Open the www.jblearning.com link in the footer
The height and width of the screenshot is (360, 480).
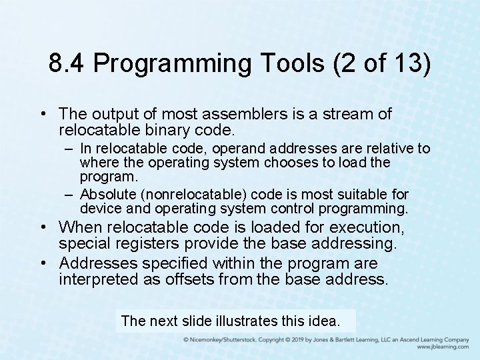pyautogui.click(x=443, y=347)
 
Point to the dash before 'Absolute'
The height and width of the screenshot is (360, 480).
pyautogui.click(x=69, y=195)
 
